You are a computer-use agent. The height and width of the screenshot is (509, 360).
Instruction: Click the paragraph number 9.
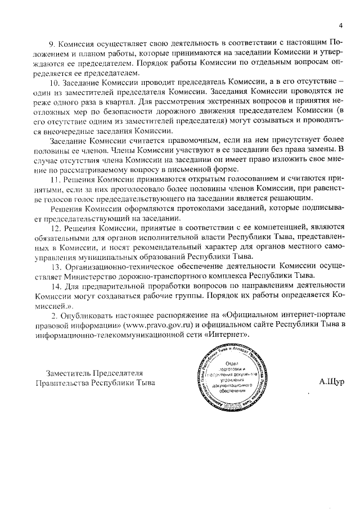(52, 43)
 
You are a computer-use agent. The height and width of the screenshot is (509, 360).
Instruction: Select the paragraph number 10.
(54, 82)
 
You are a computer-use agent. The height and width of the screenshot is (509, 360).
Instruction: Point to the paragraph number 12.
(55, 227)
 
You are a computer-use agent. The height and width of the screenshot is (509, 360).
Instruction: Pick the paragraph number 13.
(55, 266)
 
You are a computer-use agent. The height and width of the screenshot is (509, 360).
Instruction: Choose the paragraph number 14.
(55, 286)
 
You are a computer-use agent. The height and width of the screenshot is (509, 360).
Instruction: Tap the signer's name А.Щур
(331, 382)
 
